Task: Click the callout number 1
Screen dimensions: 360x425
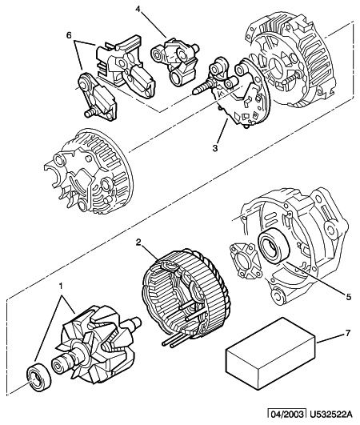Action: [x=61, y=286]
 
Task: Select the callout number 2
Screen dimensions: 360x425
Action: [x=138, y=243]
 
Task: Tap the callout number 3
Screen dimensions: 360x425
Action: [x=215, y=148]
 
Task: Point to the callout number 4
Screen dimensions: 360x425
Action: [x=138, y=10]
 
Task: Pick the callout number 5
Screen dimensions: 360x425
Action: [x=348, y=297]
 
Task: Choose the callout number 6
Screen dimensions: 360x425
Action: [x=69, y=35]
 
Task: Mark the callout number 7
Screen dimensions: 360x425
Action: [x=348, y=333]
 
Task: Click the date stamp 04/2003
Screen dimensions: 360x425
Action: [x=287, y=415]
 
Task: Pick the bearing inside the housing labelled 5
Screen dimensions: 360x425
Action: [x=274, y=246]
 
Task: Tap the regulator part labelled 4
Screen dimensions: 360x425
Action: [x=175, y=62]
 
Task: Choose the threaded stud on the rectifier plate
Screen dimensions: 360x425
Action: [x=202, y=87]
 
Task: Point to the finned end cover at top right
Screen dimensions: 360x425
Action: [x=291, y=60]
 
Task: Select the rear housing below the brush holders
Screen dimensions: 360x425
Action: [x=89, y=170]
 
